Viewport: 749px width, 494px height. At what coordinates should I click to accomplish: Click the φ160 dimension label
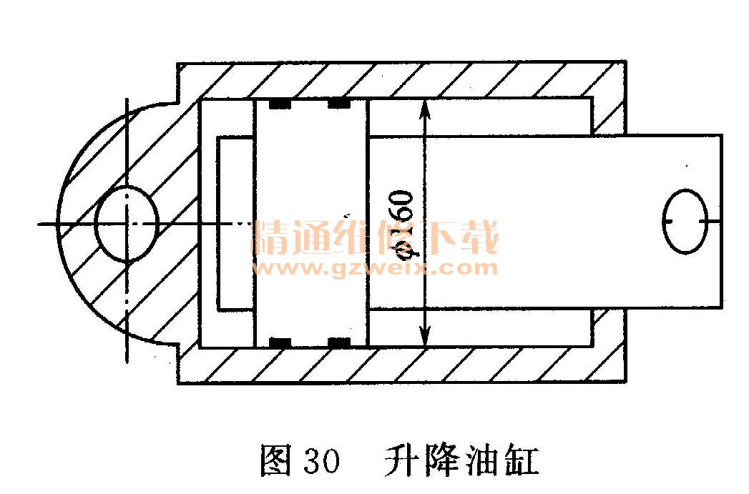[x=403, y=222]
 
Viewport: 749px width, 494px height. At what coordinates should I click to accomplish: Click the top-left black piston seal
[x=280, y=104]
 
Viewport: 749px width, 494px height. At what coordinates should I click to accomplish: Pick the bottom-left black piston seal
[x=280, y=342]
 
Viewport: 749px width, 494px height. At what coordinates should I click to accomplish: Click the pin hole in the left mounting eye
[x=126, y=224]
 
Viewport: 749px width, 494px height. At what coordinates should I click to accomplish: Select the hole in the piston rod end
[x=685, y=221]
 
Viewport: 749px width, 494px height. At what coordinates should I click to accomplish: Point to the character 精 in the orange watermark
[x=271, y=239]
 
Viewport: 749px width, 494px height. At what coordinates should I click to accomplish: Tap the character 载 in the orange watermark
[x=477, y=239]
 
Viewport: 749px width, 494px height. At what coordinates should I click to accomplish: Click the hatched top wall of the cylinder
[x=401, y=79]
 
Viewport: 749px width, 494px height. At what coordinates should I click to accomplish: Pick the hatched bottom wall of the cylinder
[x=401, y=365]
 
